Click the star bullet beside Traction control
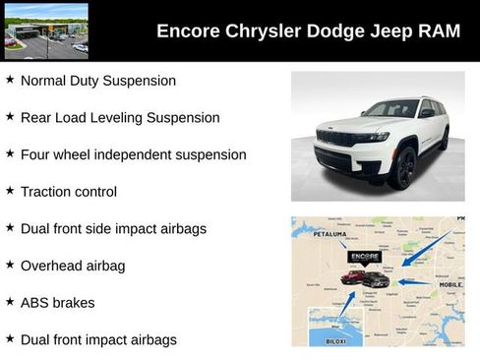(10, 191)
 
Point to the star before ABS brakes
(10, 302)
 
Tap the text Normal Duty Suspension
(97, 81)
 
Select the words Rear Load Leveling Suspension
(120, 117)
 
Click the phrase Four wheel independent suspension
(133, 154)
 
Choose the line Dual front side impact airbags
(113, 228)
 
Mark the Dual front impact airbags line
(98, 339)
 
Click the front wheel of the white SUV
(402, 168)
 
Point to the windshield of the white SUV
(390, 109)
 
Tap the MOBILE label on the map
(450, 284)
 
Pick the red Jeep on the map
(352, 278)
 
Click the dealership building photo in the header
(46, 30)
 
